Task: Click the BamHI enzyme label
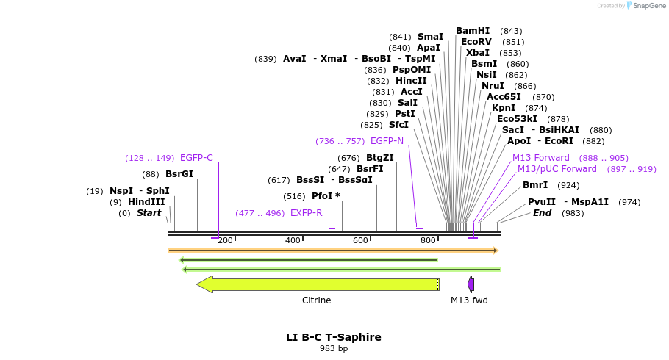472,31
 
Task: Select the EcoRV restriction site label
476,42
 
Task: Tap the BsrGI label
179,174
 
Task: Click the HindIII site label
146,202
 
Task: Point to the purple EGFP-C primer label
196,158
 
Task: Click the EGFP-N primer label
387,141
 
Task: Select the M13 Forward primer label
540,158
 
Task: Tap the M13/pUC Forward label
557,169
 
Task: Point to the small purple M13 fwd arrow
471,284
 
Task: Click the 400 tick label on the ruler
293,240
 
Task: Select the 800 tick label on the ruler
428,240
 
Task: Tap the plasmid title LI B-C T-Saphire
334,337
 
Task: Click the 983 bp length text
334,348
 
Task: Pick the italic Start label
149,213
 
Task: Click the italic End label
542,213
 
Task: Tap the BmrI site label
535,185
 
